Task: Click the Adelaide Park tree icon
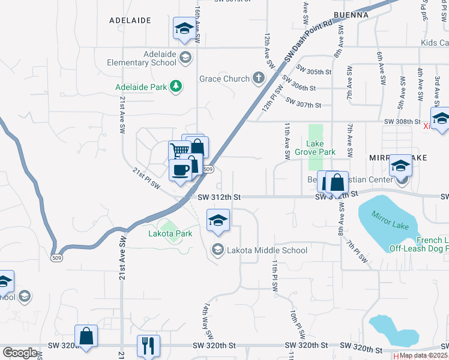[x=176, y=88]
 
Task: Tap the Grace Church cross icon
[x=259, y=78]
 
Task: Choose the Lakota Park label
[x=170, y=233]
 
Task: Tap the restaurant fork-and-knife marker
[x=148, y=346]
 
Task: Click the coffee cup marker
[x=180, y=170]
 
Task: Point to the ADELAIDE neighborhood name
[x=130, y=20]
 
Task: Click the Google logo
[x=20, y=353]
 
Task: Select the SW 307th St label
[x=304, y=104]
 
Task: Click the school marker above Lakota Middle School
[x=218, y=220]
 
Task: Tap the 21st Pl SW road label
[x=146, y=179]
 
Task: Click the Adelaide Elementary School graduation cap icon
[x=185, y=58]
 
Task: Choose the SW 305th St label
[x=314, y=71]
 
